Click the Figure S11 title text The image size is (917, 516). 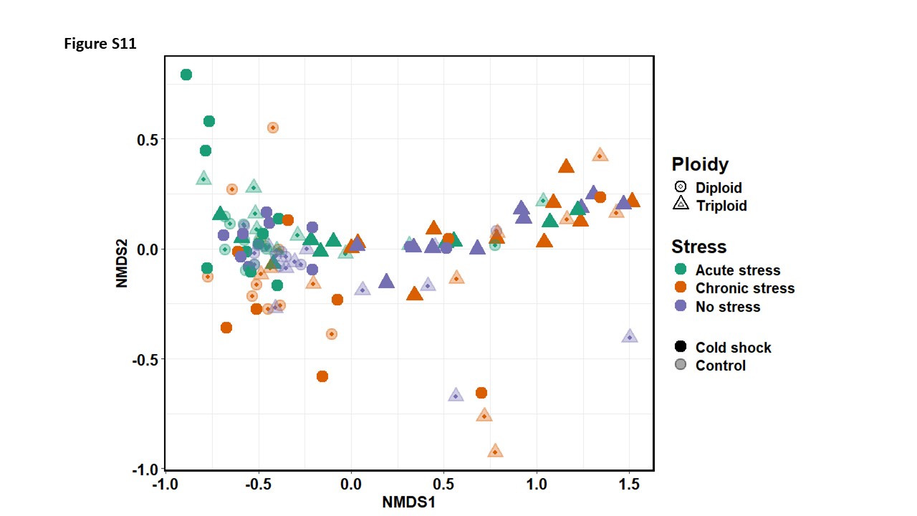[100, 44]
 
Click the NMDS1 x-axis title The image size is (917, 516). [408, 502]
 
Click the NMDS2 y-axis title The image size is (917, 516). [122, 263]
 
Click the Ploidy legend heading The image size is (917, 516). [700, 164]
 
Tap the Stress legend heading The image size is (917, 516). [698, 247]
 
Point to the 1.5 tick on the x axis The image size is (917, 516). [629, 484]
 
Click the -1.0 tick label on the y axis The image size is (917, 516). [145, 469]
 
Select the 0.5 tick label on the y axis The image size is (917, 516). [148, 140]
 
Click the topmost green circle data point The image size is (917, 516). [186, 75]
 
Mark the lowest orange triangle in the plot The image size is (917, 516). [495, 451]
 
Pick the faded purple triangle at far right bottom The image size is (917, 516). [630, 336]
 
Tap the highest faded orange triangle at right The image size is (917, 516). [600, 155]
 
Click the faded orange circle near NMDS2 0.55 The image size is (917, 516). [273, 128]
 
